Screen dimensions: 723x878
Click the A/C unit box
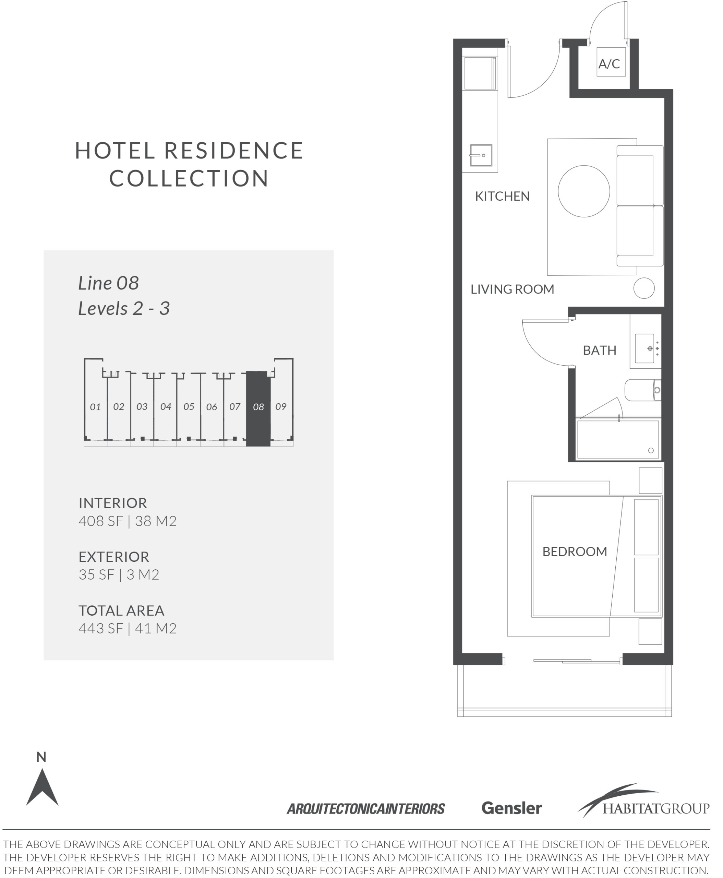611,62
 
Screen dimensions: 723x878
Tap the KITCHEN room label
502,196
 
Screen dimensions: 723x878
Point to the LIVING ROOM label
512,289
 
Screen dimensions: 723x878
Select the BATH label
599,351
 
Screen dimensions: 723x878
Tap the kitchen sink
481,155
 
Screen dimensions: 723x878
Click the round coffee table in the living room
584,191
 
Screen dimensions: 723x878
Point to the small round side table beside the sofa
644,288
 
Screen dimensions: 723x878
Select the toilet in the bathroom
643,390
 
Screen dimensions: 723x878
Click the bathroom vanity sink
645,348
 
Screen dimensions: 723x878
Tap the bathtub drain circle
651,450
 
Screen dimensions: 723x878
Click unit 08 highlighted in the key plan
258,408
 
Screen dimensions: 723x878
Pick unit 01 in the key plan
95,407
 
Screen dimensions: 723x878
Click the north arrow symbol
42,787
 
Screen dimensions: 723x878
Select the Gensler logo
511,808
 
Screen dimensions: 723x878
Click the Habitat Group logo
643,801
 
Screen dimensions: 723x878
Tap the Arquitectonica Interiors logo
366,809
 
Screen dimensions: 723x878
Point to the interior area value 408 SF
101,521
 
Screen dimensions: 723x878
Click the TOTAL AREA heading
122,610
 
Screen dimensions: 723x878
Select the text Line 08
108,283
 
